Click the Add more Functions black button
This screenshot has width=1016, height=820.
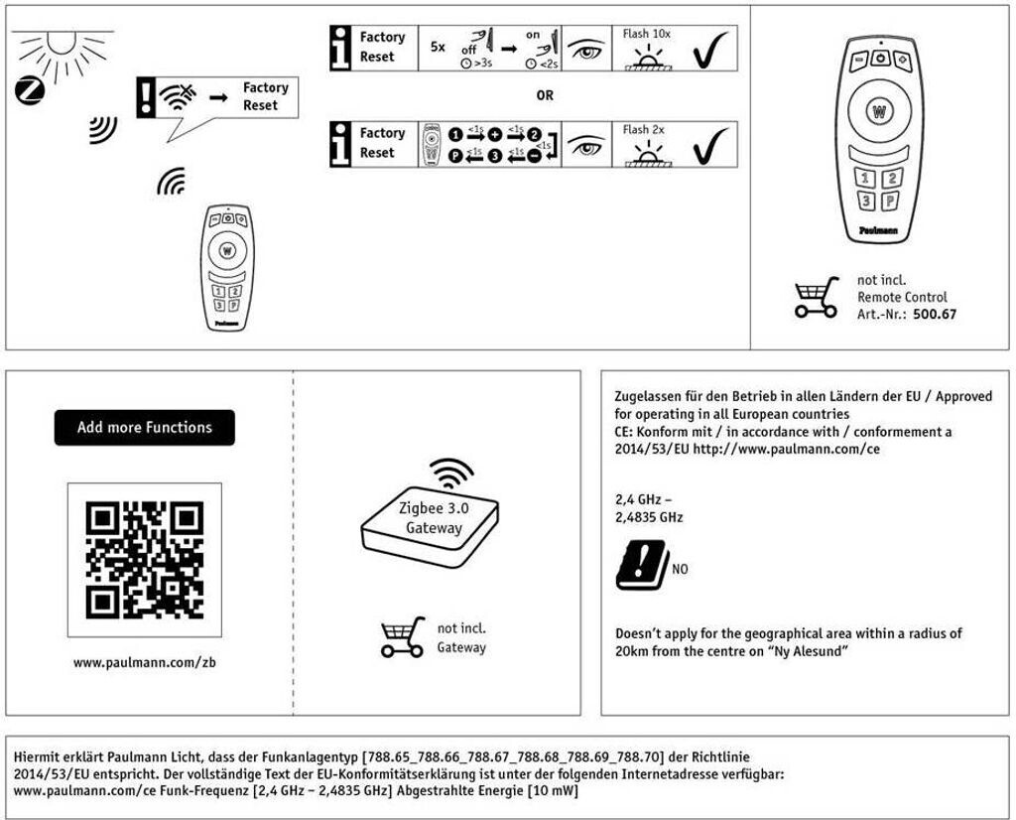coord(145,428)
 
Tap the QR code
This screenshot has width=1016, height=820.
coord(145,560)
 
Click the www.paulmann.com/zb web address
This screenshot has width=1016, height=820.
coord(145,662)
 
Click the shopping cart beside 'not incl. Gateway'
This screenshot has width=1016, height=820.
coord(402,637)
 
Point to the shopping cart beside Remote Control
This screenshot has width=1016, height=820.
coord(817,297)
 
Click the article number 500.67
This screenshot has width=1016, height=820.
coord(935,315)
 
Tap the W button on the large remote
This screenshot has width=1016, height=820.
coord(878,112)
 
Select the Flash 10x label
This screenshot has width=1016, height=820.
coord(647,34)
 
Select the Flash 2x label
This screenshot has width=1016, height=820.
coord(644,130)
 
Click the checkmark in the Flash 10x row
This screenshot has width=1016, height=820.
coord(710,50)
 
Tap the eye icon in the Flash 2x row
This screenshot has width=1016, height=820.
coord(585,147)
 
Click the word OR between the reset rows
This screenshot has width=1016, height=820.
coord(544,96)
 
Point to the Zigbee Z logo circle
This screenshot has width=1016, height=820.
coord(30,91)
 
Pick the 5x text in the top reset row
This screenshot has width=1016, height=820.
coord(438,47)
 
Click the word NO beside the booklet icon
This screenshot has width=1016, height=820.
coord(680,570)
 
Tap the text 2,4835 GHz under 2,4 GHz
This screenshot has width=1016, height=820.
coord(649,517)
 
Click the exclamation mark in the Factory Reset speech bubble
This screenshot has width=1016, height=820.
coord(146,98)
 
